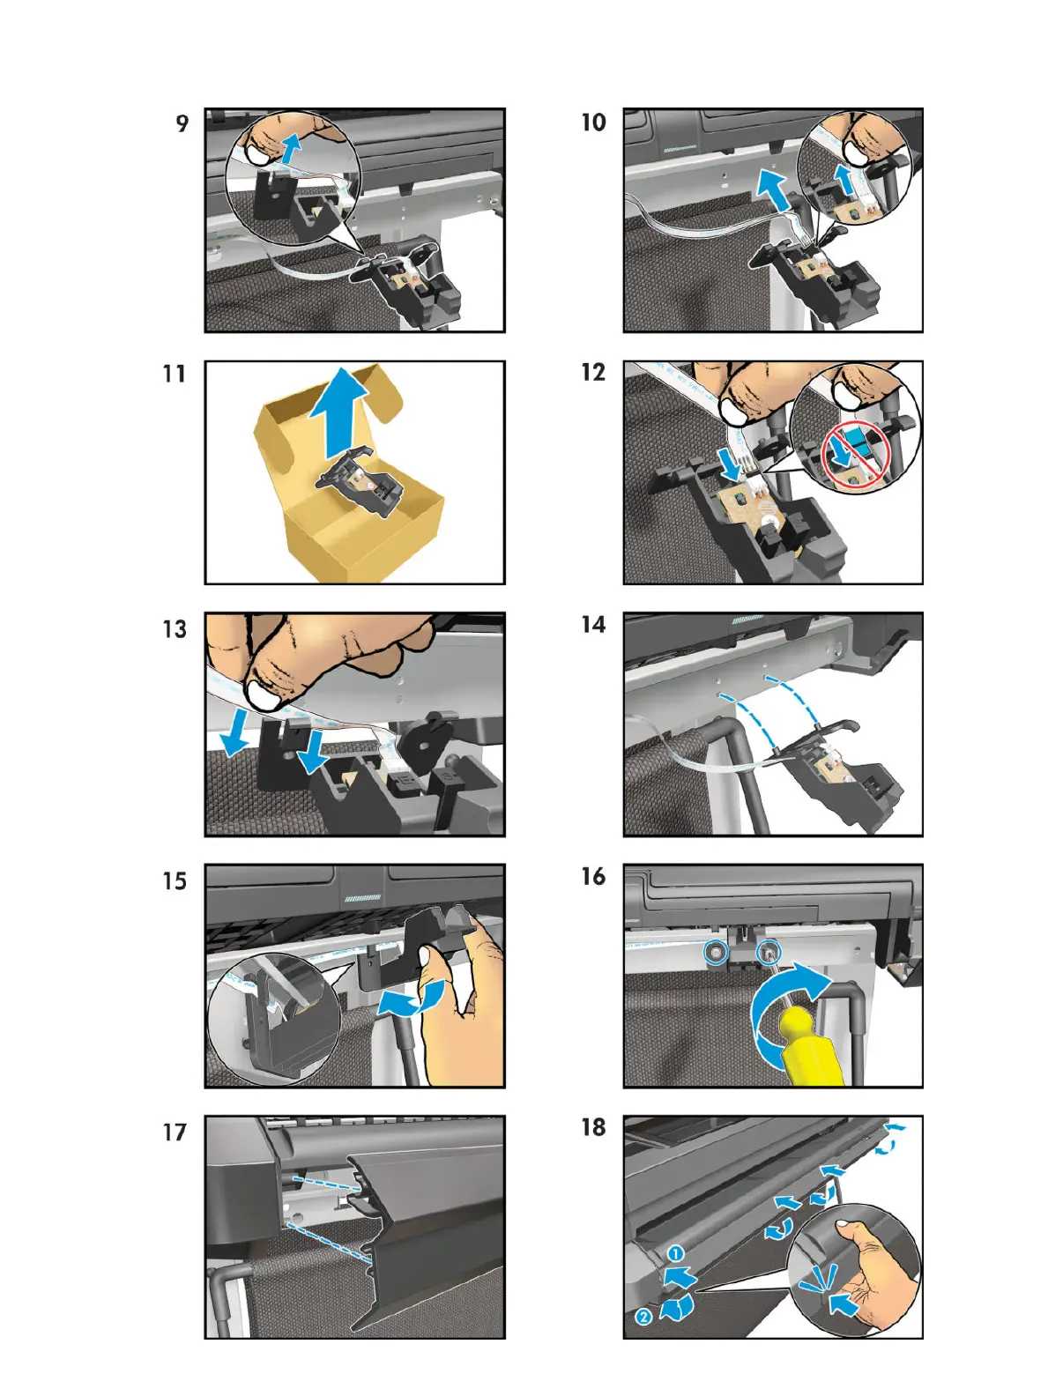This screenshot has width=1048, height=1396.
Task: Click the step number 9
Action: click(x=182, y=123)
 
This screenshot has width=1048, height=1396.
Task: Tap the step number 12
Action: click(x=594, y=372)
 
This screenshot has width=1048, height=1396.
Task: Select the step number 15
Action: click(x=175, y=880)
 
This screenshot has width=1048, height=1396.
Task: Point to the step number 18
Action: click(x=594, y=1127)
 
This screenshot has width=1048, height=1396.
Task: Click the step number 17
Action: click(x=175, y=1132)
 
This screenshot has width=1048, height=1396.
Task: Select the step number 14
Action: click(x=594, y=625)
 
